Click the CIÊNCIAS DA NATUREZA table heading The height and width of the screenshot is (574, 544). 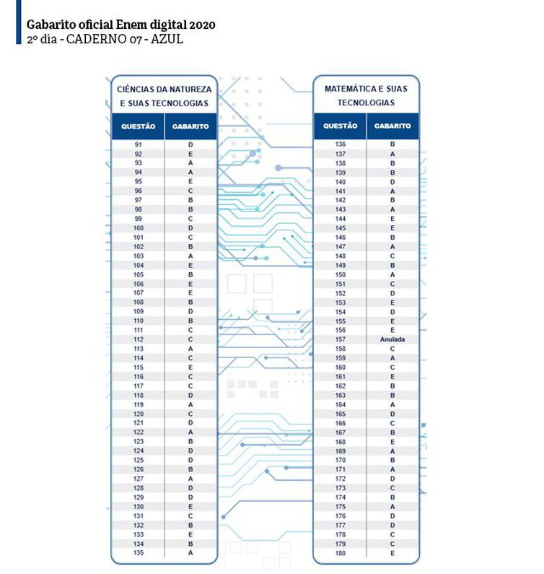click(x=164, y=89)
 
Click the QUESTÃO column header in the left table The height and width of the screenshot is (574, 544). click(x=139, y=126)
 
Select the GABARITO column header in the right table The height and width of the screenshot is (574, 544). click(x=392, y=126)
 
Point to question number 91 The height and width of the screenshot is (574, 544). click(x=139, y=145)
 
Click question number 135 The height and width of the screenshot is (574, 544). click(x=139, y=552)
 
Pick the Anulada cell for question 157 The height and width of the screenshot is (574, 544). click(x=392, y=339)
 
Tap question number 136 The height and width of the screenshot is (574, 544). click(x=341, y=144)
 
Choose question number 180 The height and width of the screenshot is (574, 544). click(x=341, y=553)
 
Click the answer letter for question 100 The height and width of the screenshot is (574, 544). click(x=190, y=228)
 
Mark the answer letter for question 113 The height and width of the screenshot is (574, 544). click(x=190, y=349)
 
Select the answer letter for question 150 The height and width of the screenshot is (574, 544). click(x=392, y=274)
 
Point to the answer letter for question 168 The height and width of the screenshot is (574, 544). click(x=392, y=442)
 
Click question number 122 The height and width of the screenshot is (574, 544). click(x=139, y=432)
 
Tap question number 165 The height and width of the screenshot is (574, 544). click(x=341, y=414)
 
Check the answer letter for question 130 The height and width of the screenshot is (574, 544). click(x=190, y=506)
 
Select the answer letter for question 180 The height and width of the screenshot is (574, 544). click(x=392, y=553)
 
